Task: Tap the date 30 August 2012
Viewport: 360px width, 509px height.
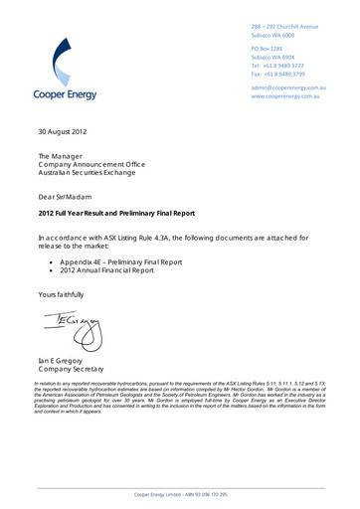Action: coord(63,130)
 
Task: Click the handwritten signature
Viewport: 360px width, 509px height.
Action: coord(70,325)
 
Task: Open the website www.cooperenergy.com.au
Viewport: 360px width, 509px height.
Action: coord(291,96)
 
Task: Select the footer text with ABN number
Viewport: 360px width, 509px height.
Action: coord(179,494)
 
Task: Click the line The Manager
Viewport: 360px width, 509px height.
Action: coord(62,157)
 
